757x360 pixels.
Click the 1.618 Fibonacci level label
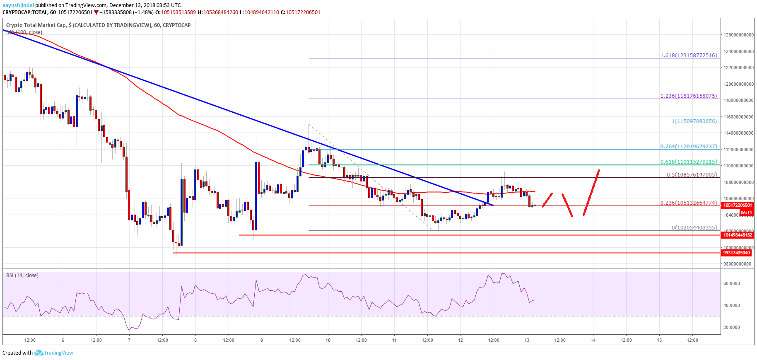coord(688,55)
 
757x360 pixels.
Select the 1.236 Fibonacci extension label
coord(688,96)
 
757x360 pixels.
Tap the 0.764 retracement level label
coord(688,146)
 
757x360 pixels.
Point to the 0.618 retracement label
coord(688,162)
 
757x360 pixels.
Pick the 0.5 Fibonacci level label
coord(692,174)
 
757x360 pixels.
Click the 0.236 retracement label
coord(688,203)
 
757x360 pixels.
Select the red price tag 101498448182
coord(737,235)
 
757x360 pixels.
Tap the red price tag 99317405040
coord(736,253)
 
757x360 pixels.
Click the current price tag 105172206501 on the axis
coord(738,205)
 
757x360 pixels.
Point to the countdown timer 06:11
coord(746,213)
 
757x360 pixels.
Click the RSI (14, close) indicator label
coord(22,275)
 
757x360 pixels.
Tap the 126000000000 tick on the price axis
coord(738,35)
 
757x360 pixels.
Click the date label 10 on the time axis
coord(328,340)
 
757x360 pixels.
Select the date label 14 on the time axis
coord(593,340)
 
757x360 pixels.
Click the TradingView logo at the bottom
coord(53,353)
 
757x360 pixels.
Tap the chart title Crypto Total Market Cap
coord(36,25)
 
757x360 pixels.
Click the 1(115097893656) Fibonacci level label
coord(694,121)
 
